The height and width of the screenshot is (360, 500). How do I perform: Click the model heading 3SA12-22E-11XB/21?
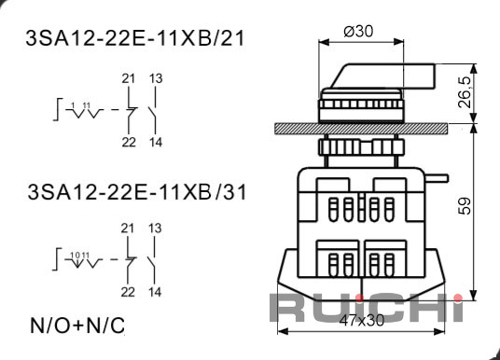click(135, 39)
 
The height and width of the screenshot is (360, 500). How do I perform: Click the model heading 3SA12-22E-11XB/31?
click(137, 192)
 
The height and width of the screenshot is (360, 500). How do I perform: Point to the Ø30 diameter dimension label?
click(358, 32)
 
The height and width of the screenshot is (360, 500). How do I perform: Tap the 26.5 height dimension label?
click(465, 92)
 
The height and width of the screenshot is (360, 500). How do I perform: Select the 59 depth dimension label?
click(465, 206)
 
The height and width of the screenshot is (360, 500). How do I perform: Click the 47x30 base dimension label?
click(362, 320)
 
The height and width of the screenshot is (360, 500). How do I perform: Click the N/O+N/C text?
click(77, 325)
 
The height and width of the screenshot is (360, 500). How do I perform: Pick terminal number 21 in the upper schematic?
click(129, 78)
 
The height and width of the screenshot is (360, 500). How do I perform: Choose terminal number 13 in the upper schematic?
click(156, 78)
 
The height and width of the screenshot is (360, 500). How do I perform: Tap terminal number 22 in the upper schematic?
click(129, 142)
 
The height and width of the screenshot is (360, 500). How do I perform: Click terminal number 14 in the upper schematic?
click(156, 142)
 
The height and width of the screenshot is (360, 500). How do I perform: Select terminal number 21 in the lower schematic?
click(128, 228)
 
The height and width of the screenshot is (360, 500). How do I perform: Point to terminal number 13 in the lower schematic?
click(155, 228)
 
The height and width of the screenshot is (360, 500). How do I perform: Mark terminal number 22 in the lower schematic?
click(128, 292)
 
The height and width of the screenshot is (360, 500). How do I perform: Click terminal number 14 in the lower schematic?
click(155, 292)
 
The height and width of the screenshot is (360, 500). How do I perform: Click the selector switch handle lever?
click(382, 76)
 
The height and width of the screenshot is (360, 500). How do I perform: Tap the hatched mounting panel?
click(361, 129)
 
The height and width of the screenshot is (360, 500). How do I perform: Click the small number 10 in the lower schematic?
click(76, 255)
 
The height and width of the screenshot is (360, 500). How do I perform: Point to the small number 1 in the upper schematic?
click(73, 104)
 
